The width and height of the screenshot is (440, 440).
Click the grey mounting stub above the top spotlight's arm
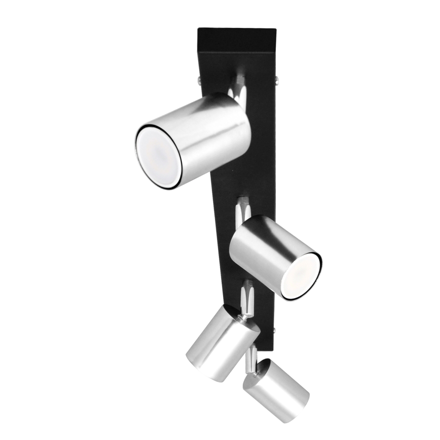coord(239,80)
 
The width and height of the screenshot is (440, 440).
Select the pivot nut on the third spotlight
coord(246,316)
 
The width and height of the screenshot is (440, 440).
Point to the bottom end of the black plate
coord(266,345)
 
